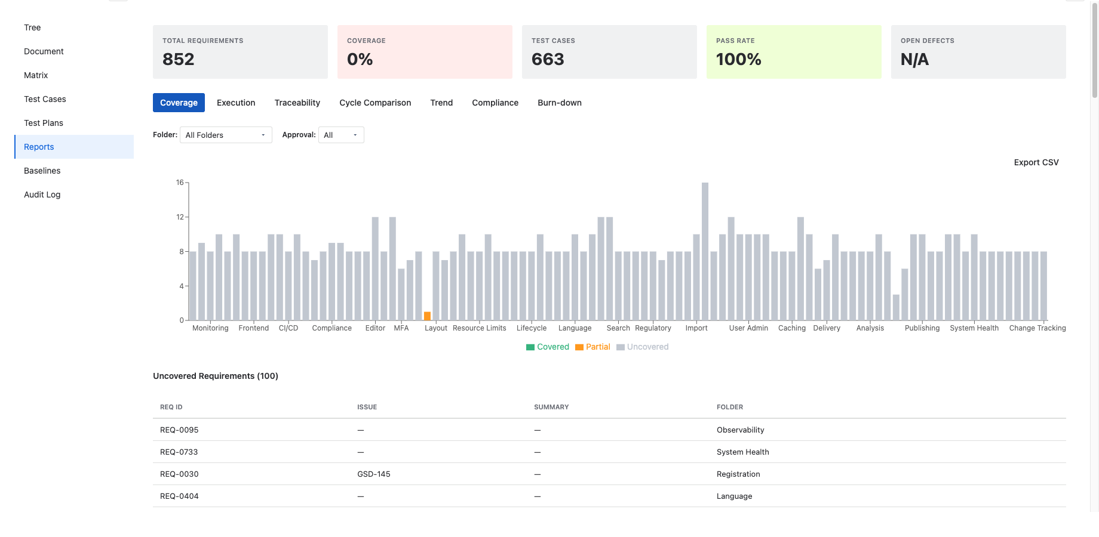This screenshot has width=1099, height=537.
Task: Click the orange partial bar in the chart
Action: (x=427, y=316)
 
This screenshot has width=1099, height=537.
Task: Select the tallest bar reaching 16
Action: (x=705, y=251)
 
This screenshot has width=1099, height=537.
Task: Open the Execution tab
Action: (x=236, y=103)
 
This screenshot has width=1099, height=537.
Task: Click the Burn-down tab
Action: (x=559, y=103)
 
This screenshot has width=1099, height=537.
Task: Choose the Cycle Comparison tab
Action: (x=375, y=103)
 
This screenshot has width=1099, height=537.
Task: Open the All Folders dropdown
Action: (x=226, y=135)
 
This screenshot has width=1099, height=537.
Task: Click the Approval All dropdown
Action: (x=341, y=135)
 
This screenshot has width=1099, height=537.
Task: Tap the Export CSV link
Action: (x=1036, y=162)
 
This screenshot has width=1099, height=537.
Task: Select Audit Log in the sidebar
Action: (x=42, y=195)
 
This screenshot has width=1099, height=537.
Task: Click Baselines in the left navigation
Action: (x=42, y=171)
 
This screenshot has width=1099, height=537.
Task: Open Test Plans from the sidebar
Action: (x=44, y=123)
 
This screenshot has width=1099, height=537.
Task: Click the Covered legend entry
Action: (x=548, y=347)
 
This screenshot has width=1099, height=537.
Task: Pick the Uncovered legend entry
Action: (x=643, y=347)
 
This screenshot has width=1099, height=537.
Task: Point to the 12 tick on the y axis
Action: (x=180, y=217)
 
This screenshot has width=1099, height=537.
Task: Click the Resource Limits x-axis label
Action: (x=479, y=328)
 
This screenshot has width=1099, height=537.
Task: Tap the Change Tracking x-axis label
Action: (x=1037, y=328)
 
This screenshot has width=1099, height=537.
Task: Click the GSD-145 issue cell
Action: (x=374, y=474)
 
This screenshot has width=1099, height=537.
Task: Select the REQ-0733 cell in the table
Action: (x=179, y=452)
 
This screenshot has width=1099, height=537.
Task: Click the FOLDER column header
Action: (x=730, y=407)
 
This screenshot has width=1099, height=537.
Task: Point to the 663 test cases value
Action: (x=548, y=59)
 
